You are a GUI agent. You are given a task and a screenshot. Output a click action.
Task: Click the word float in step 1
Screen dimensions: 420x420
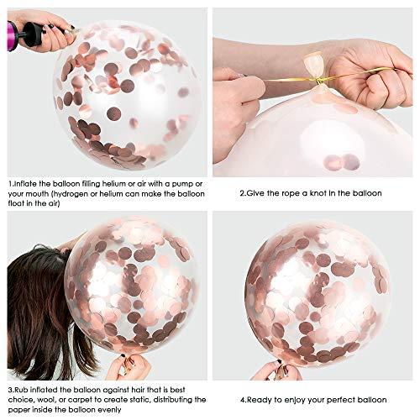click(x=17, y=202)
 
